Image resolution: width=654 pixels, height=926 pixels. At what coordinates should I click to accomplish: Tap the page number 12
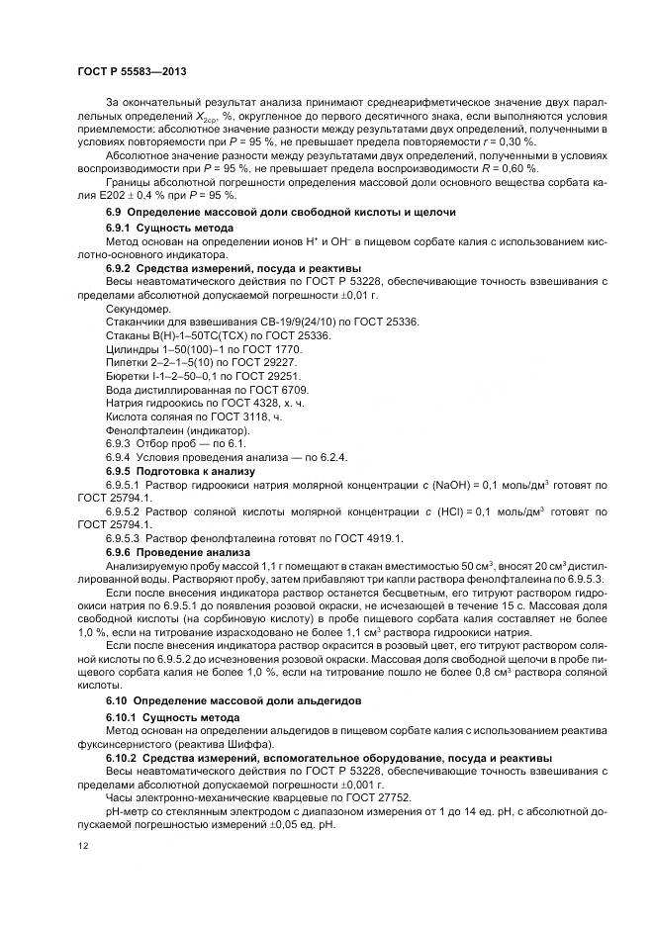click(82, 847)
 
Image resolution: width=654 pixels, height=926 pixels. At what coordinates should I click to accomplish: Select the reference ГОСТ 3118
click(234, 418)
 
